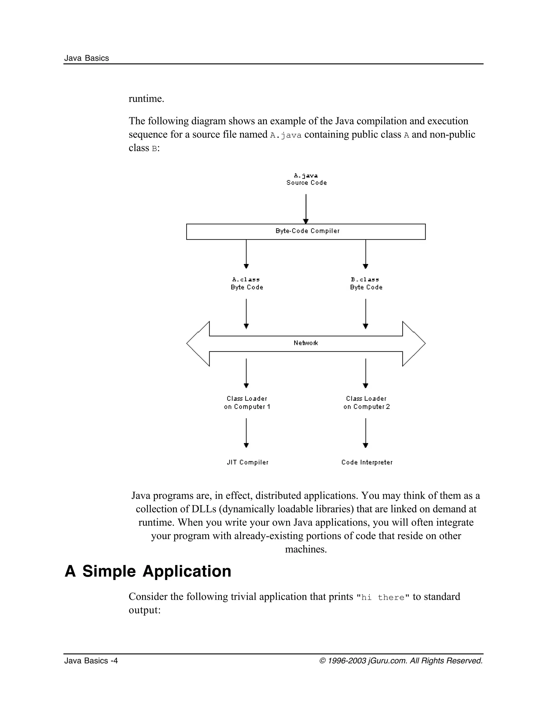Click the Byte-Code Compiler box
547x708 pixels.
pyautogui.click(x=306, y=231)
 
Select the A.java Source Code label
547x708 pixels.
pyautogui.click(x=306, y=179)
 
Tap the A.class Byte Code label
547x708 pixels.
pyautogui.click(x=247, y=283)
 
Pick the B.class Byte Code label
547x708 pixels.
pyautogui.click(x=366, y=283)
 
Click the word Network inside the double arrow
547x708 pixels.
pyautogui.click(x=306, y=343)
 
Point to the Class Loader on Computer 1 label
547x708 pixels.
pyautogui.click(x=247, y=403)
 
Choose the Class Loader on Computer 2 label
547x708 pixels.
pyautogui.click(x=366, y=403)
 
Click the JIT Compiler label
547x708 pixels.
pyautogui.click(x=248, y=462)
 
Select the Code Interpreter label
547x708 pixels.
pyautogui.click(x=366, y=462)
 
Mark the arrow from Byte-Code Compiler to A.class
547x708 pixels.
pyautogui.click(x=246, y=254)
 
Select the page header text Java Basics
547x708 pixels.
pyautogui.click(x=87, y=58)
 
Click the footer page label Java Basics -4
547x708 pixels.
pyautogui.click(x=91, y=661)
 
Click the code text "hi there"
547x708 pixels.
pyautogui.click(x=383, y=597)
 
